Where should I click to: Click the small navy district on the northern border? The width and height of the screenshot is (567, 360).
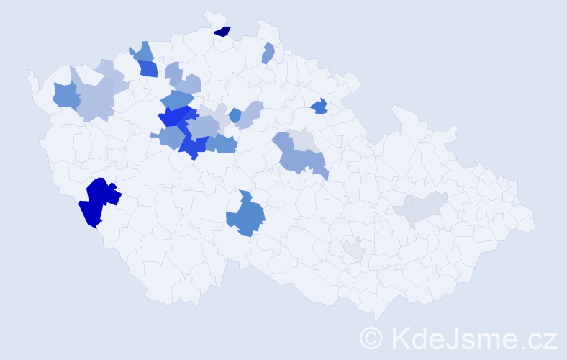click(x=223, y=31)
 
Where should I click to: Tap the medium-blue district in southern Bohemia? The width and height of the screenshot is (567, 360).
click(x=245, y=217)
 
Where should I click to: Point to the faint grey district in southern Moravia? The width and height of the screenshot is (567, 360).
click(x=354, y=250)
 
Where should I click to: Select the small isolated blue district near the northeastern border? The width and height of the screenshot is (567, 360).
click(x=319, y=107)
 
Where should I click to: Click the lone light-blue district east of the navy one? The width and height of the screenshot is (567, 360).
click(x=268, y=53)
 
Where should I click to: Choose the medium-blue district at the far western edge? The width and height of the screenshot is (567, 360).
click(x=65, y=95)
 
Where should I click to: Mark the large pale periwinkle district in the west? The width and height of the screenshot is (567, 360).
click(x=96, y=99)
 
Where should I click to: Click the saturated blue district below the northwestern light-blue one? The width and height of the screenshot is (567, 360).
click(x=148, y=68)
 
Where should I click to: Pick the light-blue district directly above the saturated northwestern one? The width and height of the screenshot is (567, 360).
click(x=142, y=52)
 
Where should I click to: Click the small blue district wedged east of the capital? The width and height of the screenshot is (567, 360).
click(x=235, y=114)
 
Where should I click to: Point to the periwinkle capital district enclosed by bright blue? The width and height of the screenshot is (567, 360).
click(x=203, y=126)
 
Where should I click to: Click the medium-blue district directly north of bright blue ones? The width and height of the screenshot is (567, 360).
click(x=176, y=100)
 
